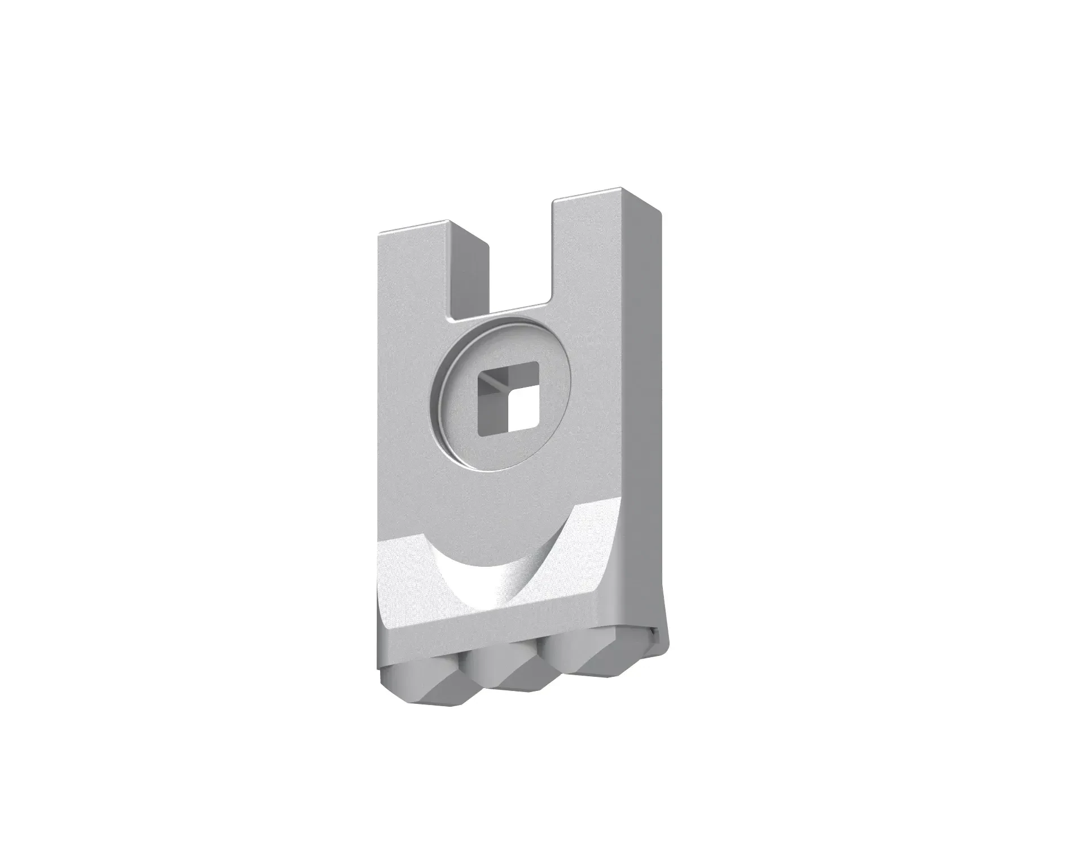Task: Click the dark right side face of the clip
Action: (643, 395)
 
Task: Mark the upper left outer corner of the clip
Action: (379, 234)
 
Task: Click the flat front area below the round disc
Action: (496, 496)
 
